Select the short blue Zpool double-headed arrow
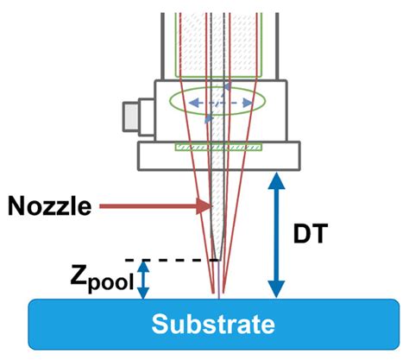coord(144,281)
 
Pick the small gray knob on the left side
coord(132,113)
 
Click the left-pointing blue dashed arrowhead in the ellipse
coord(192,103)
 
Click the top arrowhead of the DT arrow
coord(276,179)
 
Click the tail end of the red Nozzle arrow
coord(102,206)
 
